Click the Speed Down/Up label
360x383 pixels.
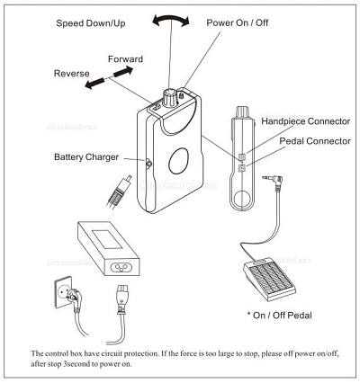click(x=91, y=23)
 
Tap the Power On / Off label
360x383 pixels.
click(x=238, y=22)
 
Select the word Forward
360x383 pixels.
click(x=125, y=59)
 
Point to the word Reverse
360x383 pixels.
click(x=71, y=74)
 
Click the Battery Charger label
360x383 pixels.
click(x=86, y=157)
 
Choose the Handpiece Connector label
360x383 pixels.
click(x=306, y=121)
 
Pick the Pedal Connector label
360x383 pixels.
click(x=315, y=141)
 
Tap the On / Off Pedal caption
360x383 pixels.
click(x=280, y=316)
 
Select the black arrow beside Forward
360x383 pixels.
click(x=123, y=72)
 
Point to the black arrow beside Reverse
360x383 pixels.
click(x=94, y=84)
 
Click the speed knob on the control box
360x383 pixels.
click(x=170, y=98)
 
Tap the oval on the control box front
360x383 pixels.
click(x=178, y=161)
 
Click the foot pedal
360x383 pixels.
click(x=269, y=278)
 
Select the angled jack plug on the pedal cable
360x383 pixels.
click(x=274, y=181)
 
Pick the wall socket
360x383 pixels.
click(x=64, y=292)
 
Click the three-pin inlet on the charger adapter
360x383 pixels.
click(x=121, y=267)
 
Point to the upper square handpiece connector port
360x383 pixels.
click(x=242, y=156)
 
